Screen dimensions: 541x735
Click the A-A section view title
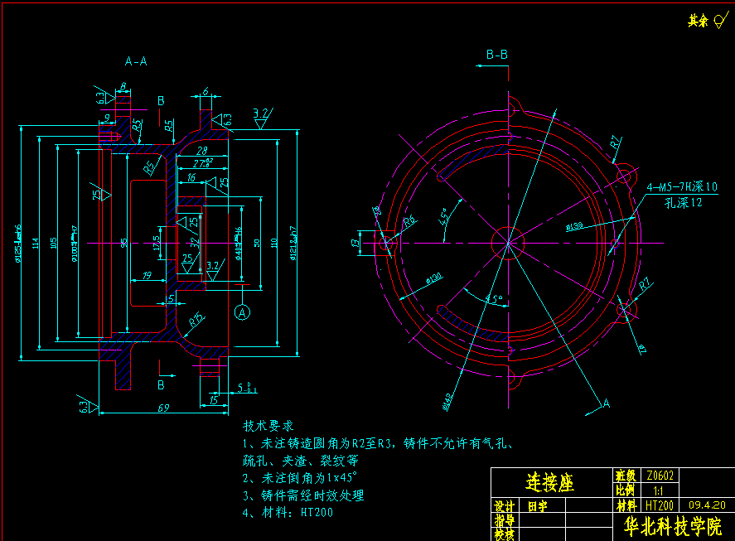[x=136, y=61]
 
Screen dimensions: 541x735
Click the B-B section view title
[x=497, y=55]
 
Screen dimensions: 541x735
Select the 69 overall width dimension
[x=162, y=408]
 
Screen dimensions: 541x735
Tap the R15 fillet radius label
[x=196, y=319]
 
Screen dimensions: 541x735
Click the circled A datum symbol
[x=242, y=312]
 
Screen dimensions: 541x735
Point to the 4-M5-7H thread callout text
[x=681, y=187]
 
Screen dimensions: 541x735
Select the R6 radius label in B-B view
[x=409, y=221]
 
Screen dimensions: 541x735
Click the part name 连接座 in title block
[x=550, y=483]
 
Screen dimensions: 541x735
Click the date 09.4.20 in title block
[x=706, y=504]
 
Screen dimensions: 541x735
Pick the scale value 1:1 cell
[x=658, y=490]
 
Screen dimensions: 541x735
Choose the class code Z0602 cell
[x=660, y=476]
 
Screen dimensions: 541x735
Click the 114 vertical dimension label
[x=36, y=243]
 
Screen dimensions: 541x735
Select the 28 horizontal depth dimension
[x=201, y=151]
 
